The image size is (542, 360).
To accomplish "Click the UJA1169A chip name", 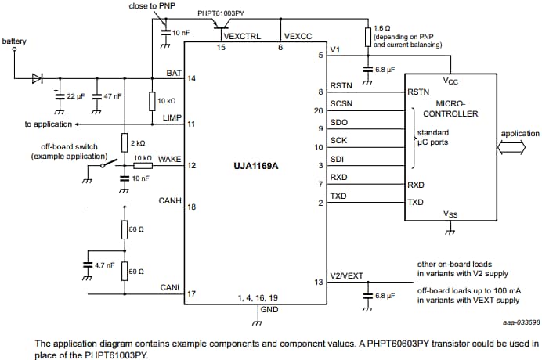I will click(255, 166).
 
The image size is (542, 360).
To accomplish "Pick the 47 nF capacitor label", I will click(113, 96).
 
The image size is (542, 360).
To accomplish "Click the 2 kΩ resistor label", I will click(138, 142).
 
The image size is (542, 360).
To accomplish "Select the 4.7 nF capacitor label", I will click(104, 266).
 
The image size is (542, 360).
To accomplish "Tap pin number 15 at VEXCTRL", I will click(222, 48).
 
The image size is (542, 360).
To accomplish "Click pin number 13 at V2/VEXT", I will click(317, 282).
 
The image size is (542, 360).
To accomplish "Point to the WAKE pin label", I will click(169, 159).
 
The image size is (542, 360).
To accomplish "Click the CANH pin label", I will click(170, 201).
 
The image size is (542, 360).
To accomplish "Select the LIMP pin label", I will click(172, 117).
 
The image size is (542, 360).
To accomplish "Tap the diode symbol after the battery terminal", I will click(38, 78).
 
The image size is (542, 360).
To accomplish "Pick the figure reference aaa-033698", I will click(522, 321).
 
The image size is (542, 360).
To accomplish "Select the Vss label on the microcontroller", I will click(450, 213).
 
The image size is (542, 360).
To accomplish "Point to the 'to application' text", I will click(49, 124).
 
